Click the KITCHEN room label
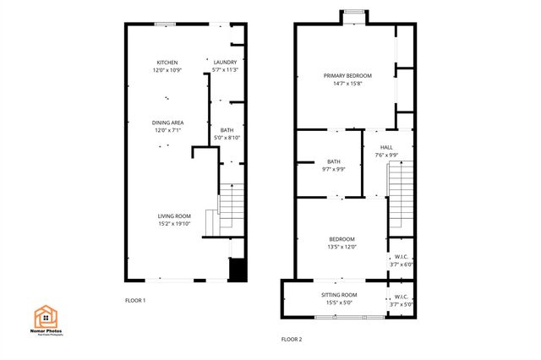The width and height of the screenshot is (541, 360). (x=167, y=62)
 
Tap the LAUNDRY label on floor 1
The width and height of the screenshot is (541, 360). (x=225, y=62)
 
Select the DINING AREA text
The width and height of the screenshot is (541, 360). (x=168, y=123)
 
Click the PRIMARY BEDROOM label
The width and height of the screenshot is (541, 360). (x=347, y=75)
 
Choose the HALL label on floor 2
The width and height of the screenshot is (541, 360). (x=386, y=147)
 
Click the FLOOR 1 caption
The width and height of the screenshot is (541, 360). (x=135, y=301)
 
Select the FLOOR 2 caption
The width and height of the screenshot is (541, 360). (x=291, y=340)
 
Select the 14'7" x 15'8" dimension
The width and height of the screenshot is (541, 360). (x=347, y=83)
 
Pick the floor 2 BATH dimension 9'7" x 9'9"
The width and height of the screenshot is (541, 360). (x=334, y=169)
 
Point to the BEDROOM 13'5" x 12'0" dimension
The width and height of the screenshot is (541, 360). (x=342, y=247)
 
